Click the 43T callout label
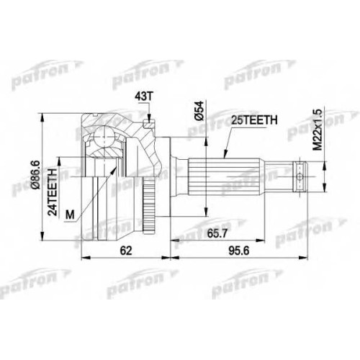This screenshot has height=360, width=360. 144,96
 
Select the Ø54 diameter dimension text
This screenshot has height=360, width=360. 199,111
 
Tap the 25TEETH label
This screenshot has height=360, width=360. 254,120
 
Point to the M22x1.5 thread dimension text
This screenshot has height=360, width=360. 318,130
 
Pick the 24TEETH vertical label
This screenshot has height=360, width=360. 53,192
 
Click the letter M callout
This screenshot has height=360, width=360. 70,215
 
